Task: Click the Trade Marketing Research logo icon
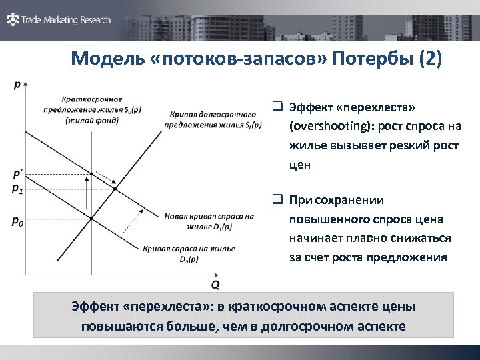[x=13, y=19]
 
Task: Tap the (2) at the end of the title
[x=429, y=59]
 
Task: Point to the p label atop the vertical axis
[x=17, y=84]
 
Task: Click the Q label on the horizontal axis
[x=215, y=285]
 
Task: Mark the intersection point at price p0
[x=91, y=218]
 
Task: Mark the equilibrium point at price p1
[x=115, y=189]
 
